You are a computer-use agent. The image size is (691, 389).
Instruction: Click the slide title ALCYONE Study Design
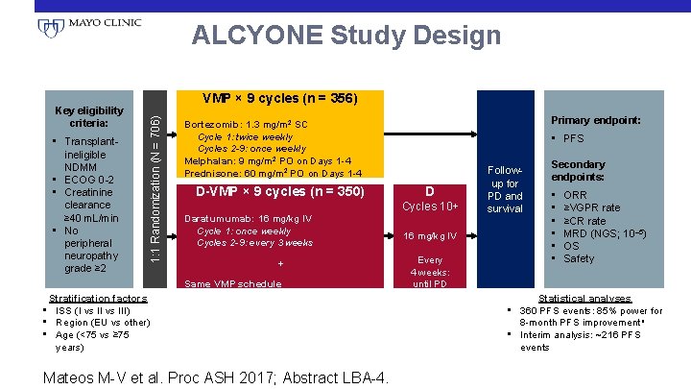tap(345, 36)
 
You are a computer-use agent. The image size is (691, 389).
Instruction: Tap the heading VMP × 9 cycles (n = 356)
tap(279, 98)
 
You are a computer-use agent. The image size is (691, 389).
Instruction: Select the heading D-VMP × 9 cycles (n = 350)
tap(279, 191)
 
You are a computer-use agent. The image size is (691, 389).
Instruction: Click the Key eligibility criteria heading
tap(89, 117)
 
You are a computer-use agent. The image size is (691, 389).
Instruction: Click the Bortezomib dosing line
tap(246, 124)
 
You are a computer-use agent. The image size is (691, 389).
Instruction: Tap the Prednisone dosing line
tap(273, 173)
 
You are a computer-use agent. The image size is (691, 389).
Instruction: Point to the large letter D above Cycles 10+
tap(431, 190)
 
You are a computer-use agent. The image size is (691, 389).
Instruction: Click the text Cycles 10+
tap(431, 207)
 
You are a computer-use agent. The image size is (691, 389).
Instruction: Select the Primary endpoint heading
tap(595, 120)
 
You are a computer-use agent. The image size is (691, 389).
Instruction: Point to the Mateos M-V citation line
tap(216, 377)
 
